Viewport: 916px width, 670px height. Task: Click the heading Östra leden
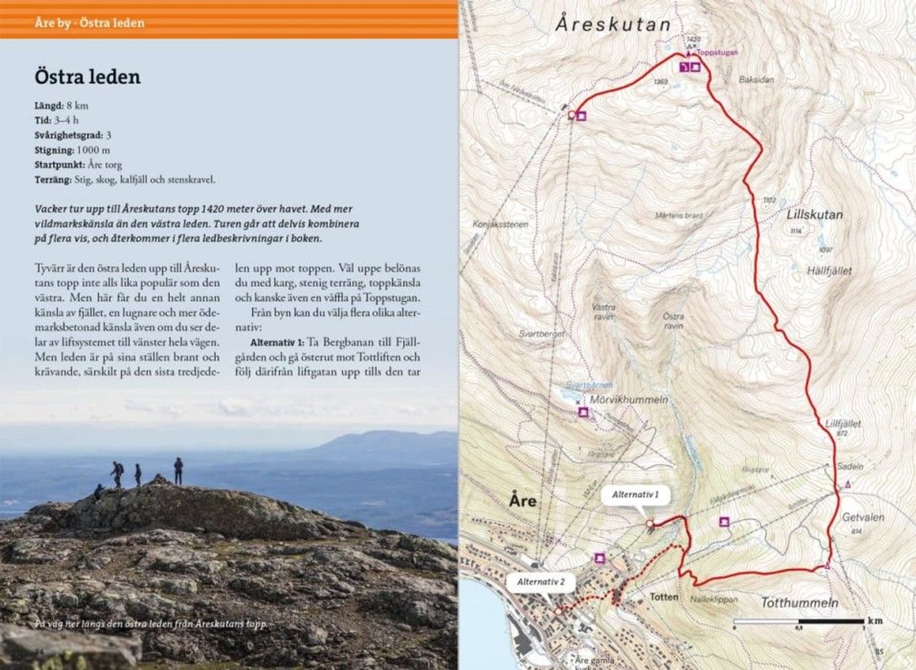point(87,77)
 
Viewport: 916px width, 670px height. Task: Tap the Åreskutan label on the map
point(612,25)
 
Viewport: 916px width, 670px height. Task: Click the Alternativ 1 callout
point(635,496)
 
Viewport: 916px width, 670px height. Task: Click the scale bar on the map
point(799,621)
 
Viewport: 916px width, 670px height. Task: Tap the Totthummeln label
point(799,603)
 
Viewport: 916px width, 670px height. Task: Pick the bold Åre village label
point(523,501)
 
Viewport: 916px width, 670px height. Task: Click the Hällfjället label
point(830,271)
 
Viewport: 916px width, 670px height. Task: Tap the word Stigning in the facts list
point(54,150)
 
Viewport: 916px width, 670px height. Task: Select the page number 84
point(39,652)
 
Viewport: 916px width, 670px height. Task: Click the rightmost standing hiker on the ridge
point(178,471)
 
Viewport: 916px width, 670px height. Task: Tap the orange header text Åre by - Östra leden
point(89,23)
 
